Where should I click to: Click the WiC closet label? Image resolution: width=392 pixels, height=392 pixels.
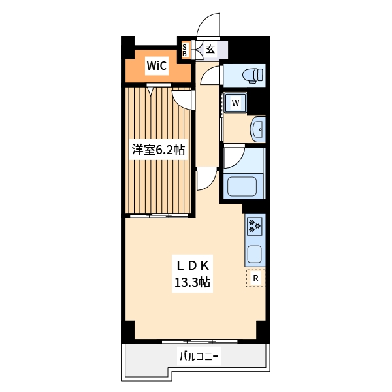157,66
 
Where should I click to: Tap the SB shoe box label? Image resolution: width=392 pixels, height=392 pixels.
184,50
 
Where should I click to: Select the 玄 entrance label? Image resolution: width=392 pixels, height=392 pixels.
210,49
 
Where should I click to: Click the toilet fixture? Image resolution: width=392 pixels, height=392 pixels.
253,74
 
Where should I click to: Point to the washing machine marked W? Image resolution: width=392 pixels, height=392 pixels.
235,103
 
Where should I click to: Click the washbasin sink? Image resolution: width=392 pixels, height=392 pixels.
258,129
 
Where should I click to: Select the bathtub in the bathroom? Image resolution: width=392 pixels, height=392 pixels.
242,186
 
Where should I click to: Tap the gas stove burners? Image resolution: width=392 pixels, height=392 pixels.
255,226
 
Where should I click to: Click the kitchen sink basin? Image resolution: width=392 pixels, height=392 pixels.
255,254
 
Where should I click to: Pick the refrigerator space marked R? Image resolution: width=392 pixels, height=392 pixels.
255,278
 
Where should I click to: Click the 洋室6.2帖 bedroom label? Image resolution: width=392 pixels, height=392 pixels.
158,150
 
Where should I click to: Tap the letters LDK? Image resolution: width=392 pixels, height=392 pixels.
193,266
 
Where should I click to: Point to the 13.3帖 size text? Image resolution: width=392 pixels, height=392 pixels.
192,282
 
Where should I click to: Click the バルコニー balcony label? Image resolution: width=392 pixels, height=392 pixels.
199,356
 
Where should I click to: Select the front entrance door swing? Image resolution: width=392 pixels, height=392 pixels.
208,25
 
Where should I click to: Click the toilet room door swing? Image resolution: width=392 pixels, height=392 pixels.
211,75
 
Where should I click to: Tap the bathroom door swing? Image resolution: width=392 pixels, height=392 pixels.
235,157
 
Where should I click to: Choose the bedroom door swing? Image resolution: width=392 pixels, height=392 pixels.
183,100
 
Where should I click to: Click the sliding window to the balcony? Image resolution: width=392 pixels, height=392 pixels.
199,341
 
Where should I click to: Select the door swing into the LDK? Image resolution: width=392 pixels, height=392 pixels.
206,179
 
